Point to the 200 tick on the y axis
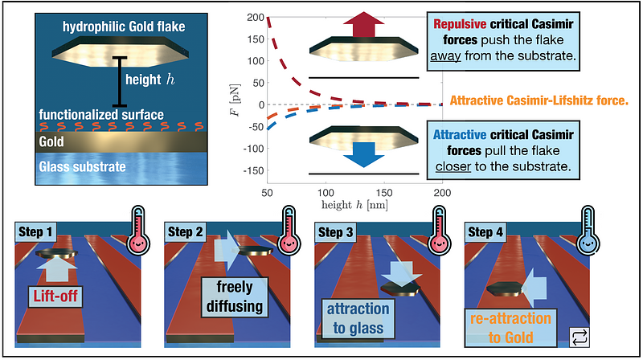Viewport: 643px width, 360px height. coord(256,17)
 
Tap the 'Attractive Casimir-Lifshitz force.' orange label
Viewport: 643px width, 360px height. coord(540,101)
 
